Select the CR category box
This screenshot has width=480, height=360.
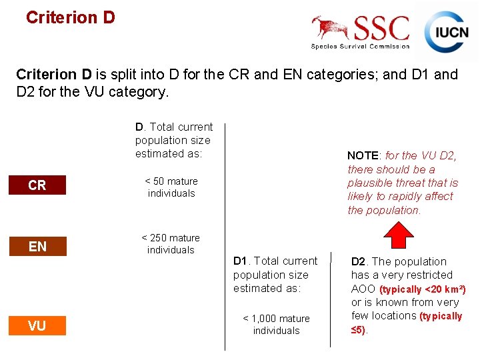point(37,185)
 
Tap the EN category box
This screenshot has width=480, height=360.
point(37,247)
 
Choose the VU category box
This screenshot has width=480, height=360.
point(37,325)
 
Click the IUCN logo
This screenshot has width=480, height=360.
point(447,31)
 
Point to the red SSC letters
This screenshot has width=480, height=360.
point(381,28)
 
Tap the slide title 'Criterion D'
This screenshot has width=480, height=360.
point(70,17)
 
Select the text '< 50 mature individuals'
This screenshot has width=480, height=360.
point(171,187)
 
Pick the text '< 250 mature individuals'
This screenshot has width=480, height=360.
point(171,244)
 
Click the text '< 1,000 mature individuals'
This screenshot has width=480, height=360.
point(276,325)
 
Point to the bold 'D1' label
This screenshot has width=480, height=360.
point(241,261)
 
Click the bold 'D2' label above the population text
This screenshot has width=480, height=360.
point(359,261)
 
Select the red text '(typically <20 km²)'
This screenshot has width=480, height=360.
point(422,289)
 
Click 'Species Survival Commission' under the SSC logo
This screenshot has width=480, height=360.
point(360,46)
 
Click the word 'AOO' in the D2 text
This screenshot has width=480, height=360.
point(363,289)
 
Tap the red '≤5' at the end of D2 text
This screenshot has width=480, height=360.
point(358,330)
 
